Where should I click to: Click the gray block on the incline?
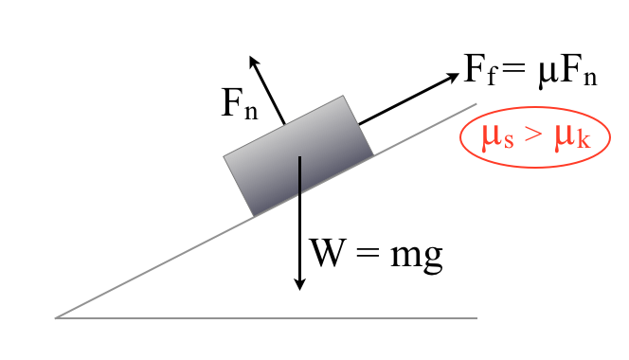click(298, 155)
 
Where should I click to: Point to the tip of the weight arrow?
click(299, 290)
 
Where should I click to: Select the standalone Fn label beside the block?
click(240, 103)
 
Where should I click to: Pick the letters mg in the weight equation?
click(417, 257)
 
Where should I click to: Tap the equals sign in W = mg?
click(368, 252)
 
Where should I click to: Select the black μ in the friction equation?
click(548, 74)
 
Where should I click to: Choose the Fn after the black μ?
click(577, 70)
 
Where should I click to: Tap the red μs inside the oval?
click(497, 137)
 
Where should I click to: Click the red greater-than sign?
click(533, 136)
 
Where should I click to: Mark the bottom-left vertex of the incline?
click(55, 318)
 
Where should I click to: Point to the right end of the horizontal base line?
click(477, 318)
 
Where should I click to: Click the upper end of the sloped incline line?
click(476, 104)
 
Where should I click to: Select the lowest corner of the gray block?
click(254, 217)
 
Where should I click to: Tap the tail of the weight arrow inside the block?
click(299, 156)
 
